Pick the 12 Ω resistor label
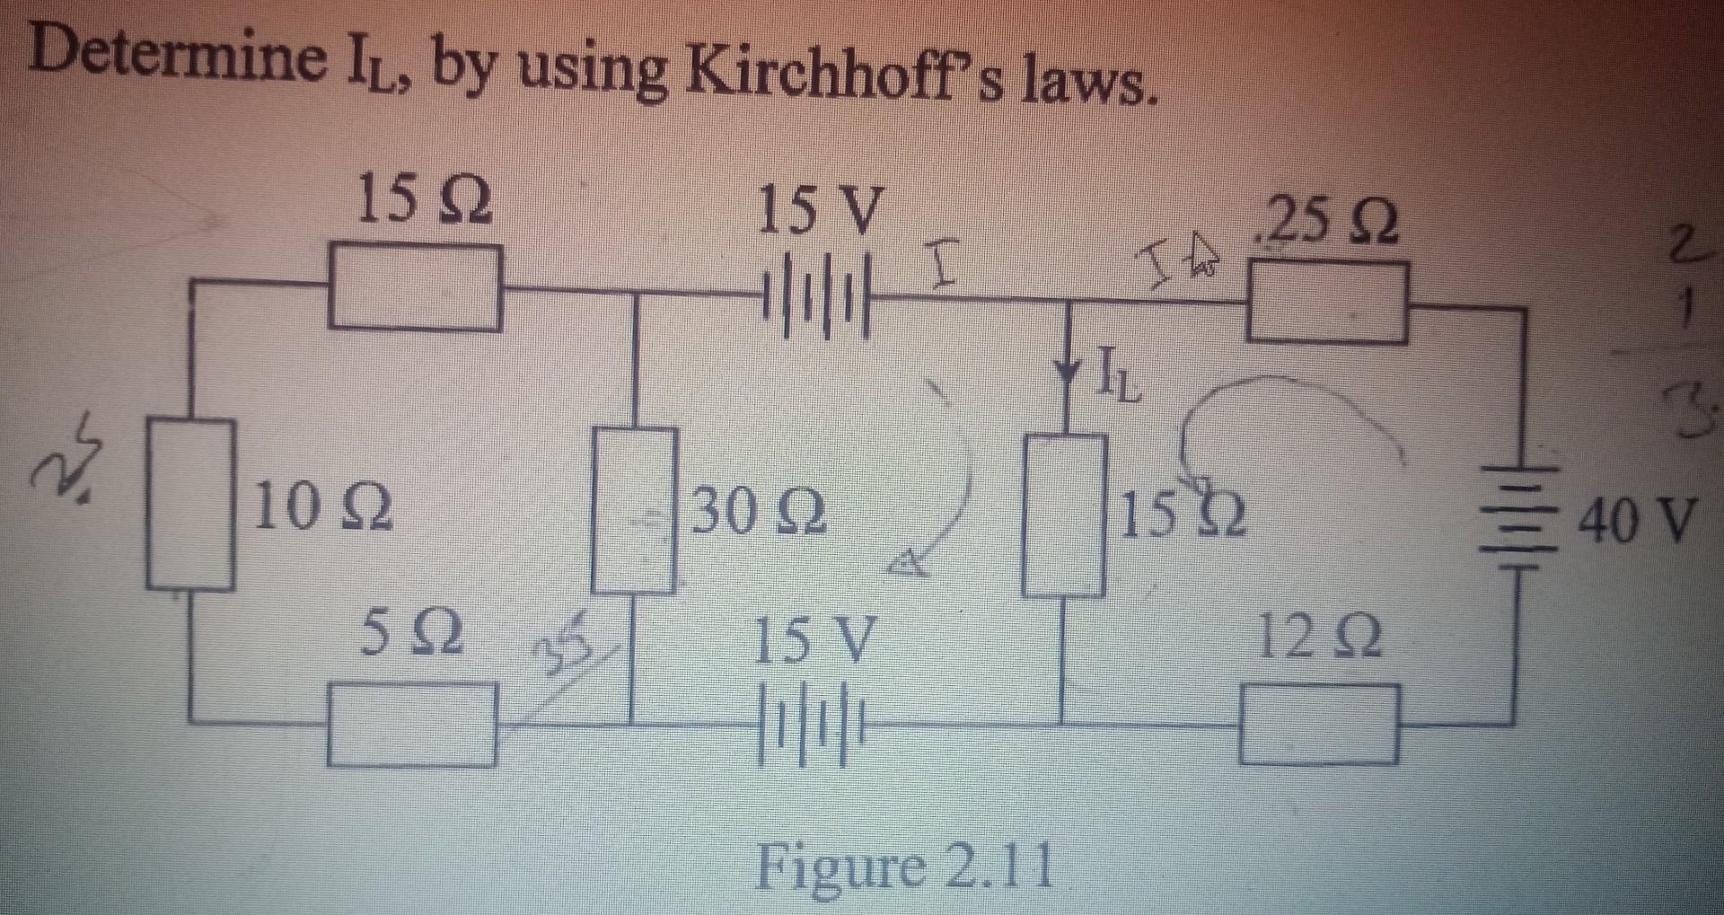point(1320,637)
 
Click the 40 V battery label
point(1638,521)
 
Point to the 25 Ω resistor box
point(1327,304)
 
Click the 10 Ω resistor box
point(191,505)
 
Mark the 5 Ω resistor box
point(411,724)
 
